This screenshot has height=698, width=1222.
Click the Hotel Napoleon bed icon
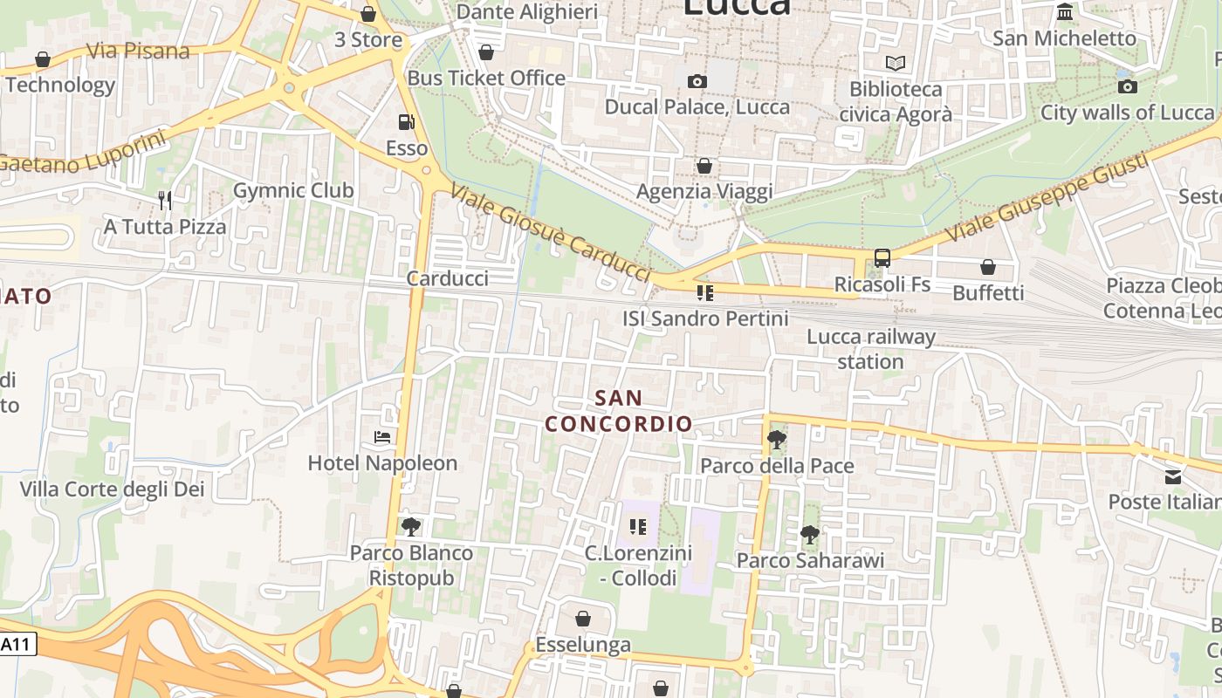tap(381, 436)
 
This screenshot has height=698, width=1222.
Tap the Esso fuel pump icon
tap(406, 122)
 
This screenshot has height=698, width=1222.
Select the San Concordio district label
tap(619, 411)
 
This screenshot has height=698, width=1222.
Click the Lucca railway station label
tap(870, 349)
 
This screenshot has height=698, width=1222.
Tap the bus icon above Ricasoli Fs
tap(882, 258)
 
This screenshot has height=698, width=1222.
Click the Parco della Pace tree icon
tap(776, 439)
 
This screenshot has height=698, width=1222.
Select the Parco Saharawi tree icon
tap(810, 534)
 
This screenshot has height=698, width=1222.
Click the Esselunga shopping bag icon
tap(583, 619)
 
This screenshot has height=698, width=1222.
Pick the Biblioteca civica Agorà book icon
tap(895, 63)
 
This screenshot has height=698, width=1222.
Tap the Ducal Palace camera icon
tap(697, 81)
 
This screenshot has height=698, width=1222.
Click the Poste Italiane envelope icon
tap(1173, 476)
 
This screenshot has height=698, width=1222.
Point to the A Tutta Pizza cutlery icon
tap(165, 201)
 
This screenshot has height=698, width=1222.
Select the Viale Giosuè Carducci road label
tap(552, 233)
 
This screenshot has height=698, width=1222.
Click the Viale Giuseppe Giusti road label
tap(1047, 196)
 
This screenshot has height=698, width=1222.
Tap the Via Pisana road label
tap(138, 51)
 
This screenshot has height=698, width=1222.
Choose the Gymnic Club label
tap(293, 190)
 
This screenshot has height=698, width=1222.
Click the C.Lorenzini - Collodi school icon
tap(638, 526)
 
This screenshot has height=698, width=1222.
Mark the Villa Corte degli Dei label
tap(113, 489)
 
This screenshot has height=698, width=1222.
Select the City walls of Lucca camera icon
tap(1128, 86)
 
